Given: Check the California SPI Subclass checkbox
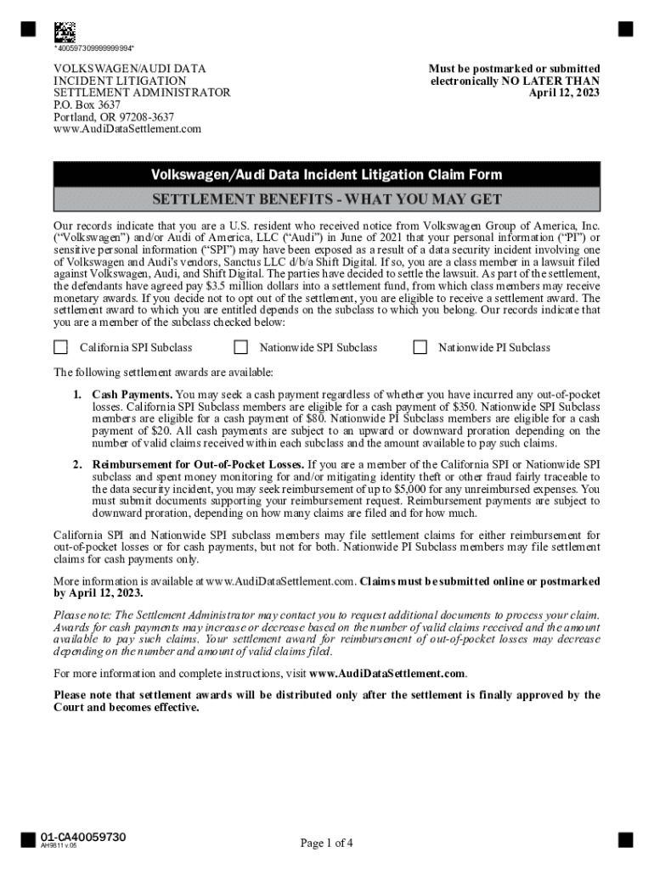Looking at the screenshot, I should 61,347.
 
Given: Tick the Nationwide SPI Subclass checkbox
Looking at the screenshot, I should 241,347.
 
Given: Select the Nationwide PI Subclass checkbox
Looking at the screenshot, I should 420,347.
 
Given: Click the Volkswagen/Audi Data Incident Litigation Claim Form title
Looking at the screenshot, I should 326,175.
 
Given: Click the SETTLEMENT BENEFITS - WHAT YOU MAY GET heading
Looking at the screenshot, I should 326,200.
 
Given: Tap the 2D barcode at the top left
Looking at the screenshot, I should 65,31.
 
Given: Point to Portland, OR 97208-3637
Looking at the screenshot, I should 114,116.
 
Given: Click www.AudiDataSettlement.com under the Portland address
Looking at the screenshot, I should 127,129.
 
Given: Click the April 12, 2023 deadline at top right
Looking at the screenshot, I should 564,93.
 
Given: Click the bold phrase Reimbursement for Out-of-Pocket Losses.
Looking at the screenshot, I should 198,464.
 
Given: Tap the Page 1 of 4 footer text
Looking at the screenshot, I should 326,843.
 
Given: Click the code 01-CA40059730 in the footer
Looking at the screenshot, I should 83,838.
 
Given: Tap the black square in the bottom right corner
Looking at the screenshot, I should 625,840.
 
